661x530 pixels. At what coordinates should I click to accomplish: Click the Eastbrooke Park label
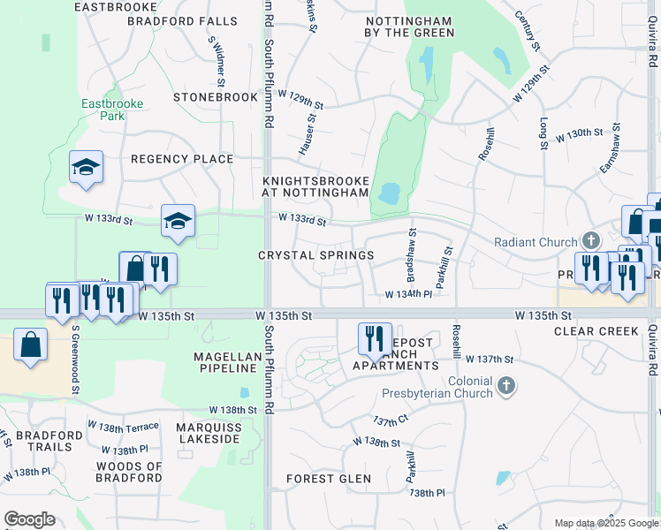pos(111,110)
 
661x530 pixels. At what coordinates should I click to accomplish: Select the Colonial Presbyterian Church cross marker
pos(505,385)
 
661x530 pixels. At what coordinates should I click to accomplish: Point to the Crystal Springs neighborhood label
pos(315,255)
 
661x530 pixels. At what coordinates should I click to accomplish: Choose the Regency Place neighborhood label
pos(182,159)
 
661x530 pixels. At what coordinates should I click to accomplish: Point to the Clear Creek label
pos(596,331)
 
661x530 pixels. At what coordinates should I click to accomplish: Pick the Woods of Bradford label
pos(129,472)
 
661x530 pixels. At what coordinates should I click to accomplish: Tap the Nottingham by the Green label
pos(409,26)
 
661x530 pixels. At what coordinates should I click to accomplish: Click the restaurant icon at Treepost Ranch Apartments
pos(374,338)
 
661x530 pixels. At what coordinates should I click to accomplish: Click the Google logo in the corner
pos(29,519)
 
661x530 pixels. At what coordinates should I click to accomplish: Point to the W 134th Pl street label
pos(408,294)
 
